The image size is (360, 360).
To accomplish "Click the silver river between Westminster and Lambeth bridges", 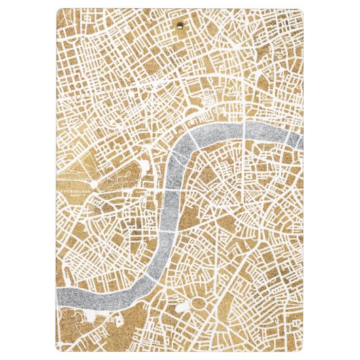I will [x=168, y=211].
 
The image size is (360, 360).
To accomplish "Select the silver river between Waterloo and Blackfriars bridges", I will [x=221, y=130].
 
